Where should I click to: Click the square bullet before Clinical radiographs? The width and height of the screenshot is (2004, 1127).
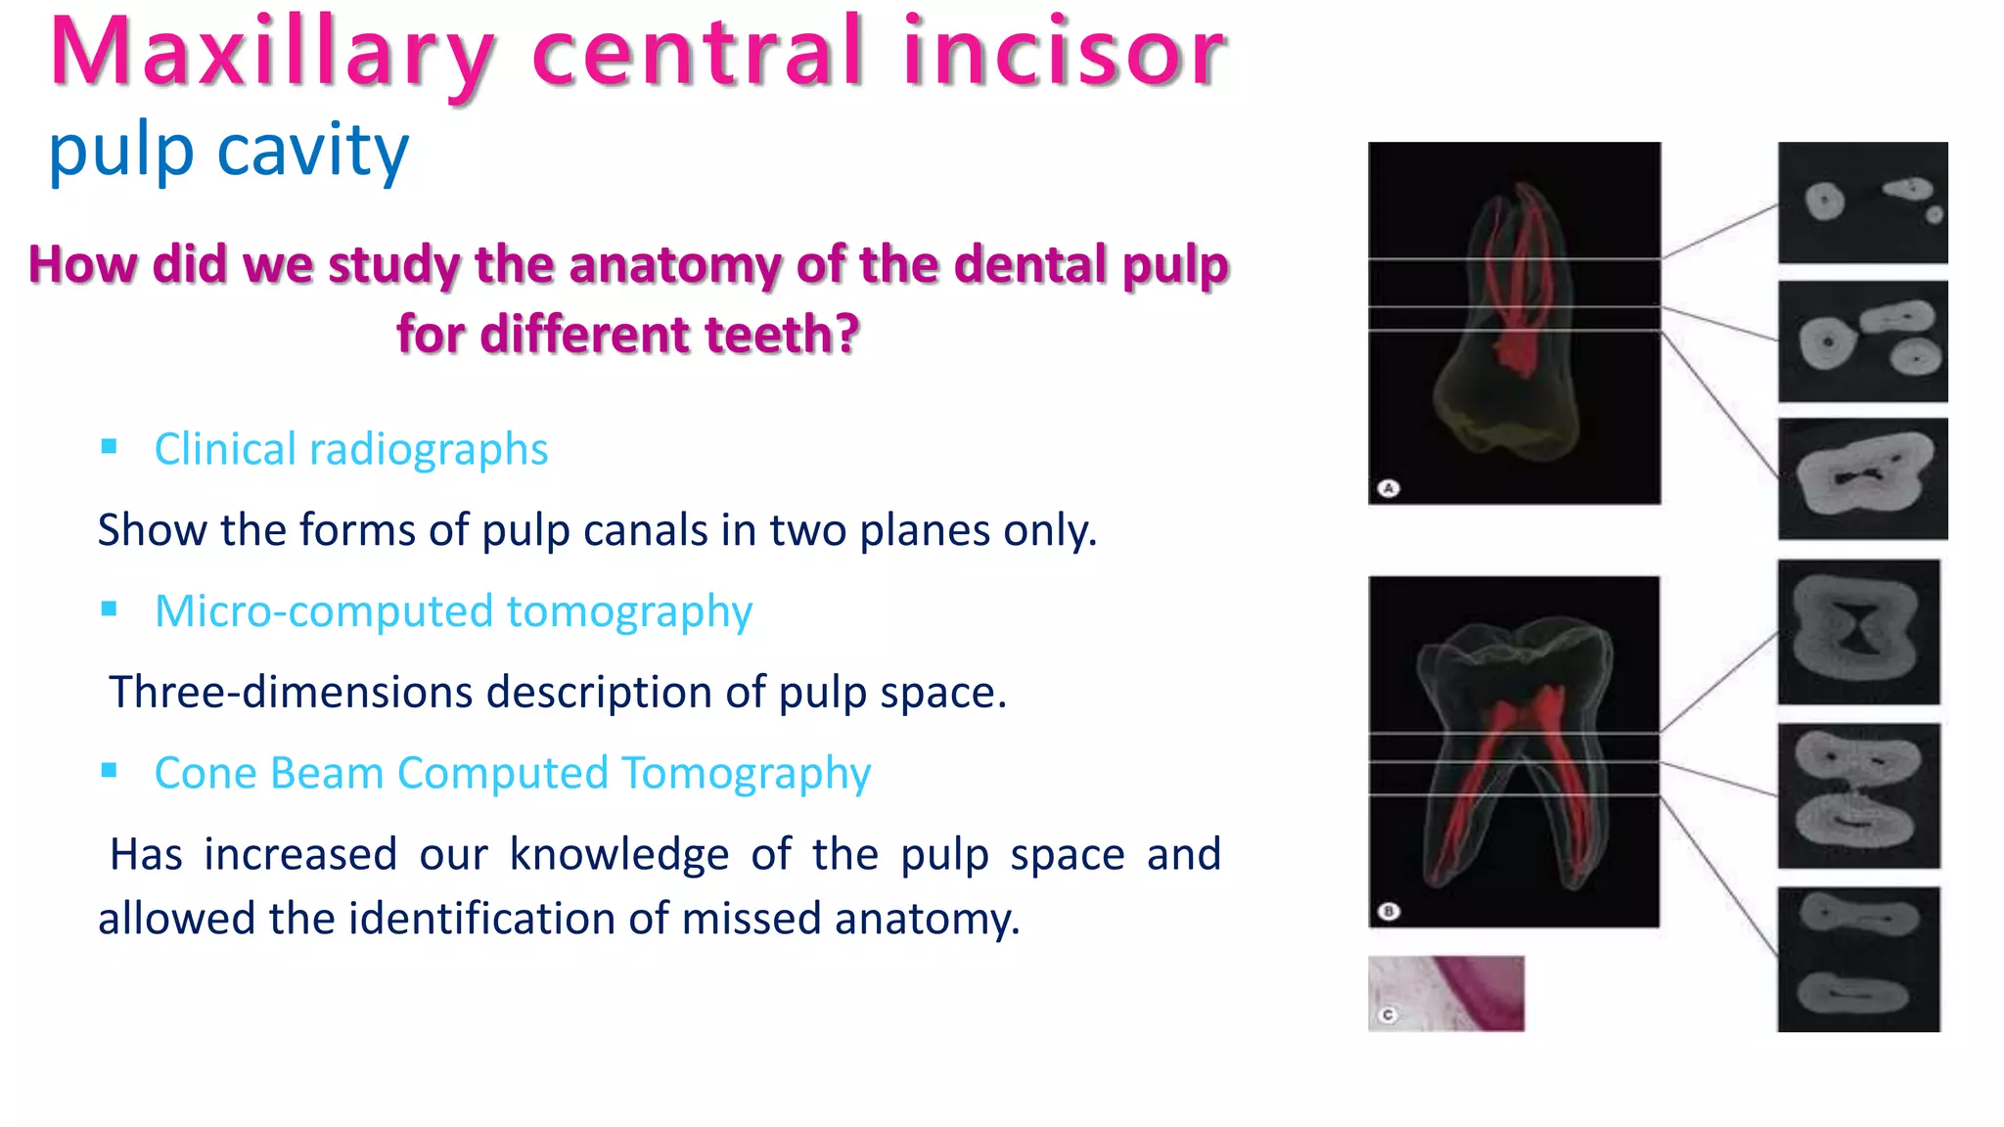(109, 447)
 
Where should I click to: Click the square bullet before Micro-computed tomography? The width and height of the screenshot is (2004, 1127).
(109, 609)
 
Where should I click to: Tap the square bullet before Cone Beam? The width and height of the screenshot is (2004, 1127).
(109, 771)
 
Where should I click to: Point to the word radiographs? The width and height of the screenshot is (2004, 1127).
(428, 450)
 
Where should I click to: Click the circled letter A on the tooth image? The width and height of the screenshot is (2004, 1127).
(1389, 487)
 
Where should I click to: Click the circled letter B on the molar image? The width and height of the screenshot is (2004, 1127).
(1389, 911)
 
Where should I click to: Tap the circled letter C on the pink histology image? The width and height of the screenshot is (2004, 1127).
(1388, 1014)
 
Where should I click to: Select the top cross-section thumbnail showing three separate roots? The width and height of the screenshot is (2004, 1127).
(1862, 203)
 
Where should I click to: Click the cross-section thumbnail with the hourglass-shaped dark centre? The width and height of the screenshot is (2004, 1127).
(1858, 632)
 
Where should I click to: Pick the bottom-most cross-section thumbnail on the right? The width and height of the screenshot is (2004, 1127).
(1858, 959)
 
